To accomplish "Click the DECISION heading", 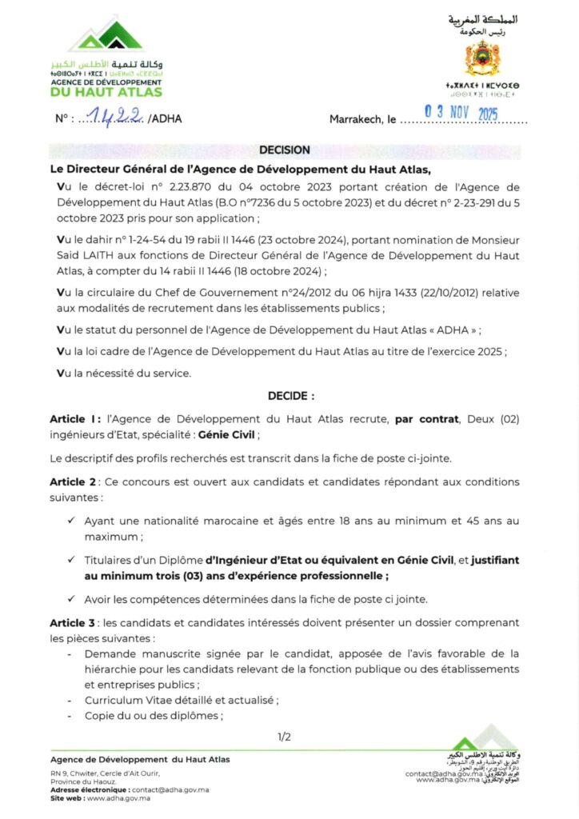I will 285,150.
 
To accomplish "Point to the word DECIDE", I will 290,395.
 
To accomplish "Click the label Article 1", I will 74,418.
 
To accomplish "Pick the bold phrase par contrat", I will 425,418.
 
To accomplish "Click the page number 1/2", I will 284,737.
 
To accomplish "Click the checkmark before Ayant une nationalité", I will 72,521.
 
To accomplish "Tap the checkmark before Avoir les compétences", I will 72,598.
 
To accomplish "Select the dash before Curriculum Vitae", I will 73,700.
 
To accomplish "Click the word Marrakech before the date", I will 357,119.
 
